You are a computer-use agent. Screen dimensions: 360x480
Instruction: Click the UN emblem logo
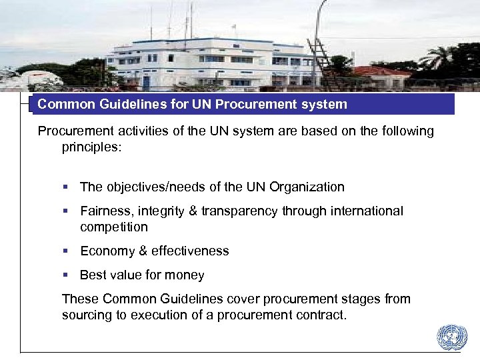tap(452, 338)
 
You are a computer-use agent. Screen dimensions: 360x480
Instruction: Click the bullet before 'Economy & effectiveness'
tap(66, 251)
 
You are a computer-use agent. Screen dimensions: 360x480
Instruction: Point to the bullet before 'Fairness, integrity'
tap(66, 211)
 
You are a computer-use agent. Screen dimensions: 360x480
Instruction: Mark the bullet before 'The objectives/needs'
tap(66, 187)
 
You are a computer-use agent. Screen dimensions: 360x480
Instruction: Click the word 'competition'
tap(114, 227)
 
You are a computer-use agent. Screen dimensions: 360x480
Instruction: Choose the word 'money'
tap(185, 275)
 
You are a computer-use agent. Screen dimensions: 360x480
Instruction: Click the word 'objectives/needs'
tap(151, 187)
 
